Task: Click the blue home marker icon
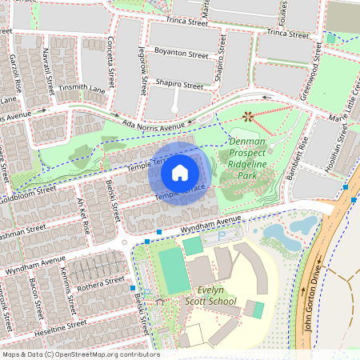[x=180, y=172]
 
